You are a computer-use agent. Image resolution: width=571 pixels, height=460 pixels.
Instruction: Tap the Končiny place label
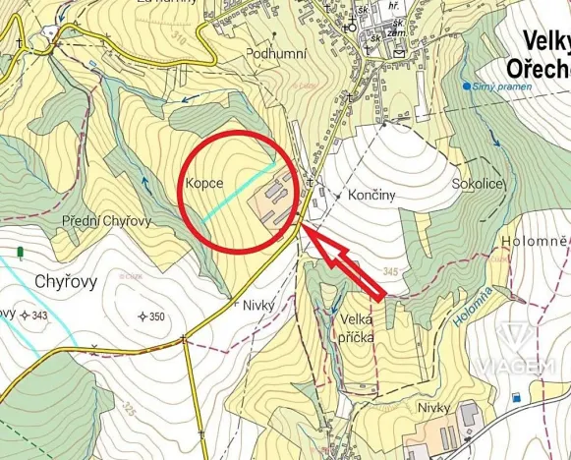[371, 196]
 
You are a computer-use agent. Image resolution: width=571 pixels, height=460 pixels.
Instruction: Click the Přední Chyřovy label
[106, 220]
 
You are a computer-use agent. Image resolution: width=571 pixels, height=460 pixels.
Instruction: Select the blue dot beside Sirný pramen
[466, 86]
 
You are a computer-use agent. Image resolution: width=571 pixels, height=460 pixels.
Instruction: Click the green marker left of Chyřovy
[20, 254]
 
